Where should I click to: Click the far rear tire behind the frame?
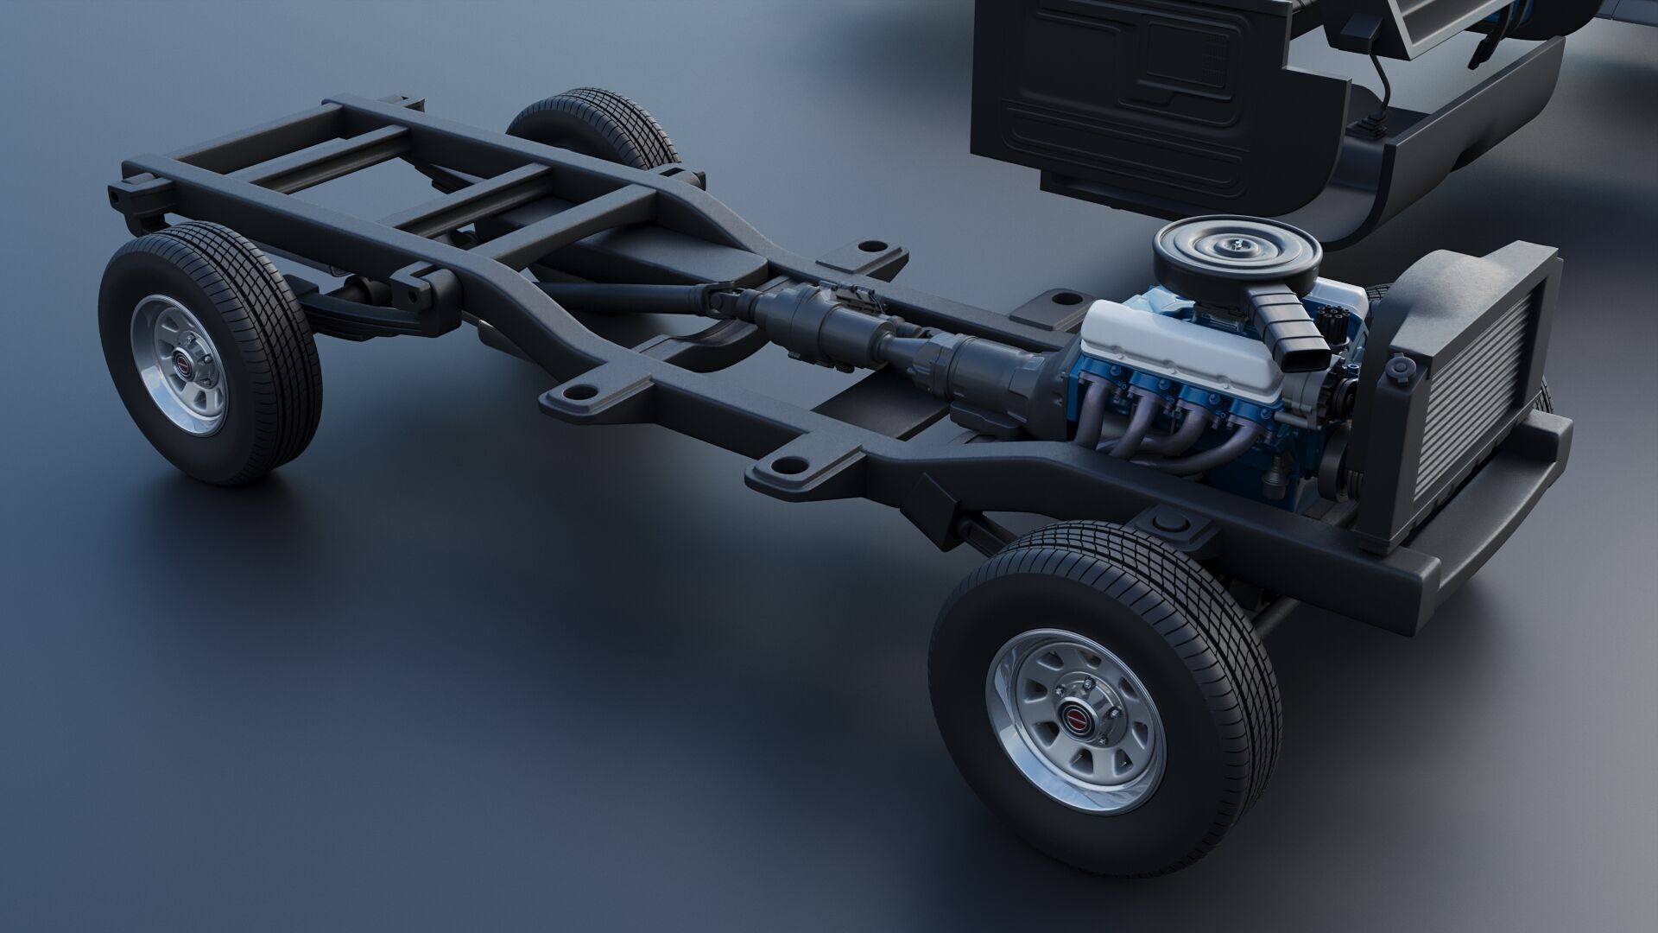tap(596, 125)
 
